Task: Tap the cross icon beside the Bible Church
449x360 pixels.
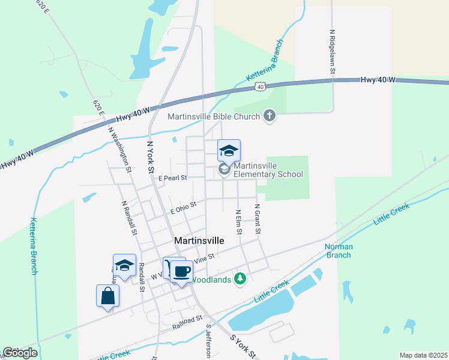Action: coord(270,116)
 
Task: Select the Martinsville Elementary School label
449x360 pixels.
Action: coord(268,170)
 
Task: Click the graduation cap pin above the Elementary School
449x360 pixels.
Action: coord(229,151)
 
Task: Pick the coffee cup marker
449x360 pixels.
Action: coord(181,272)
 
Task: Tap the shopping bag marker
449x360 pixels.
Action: coord(107,296)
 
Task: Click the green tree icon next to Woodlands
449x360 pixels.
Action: coord(241,278)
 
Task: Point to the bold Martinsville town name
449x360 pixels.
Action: coord(199,240)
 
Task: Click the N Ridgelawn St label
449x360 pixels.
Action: coord(332,52)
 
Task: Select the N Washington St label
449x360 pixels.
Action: coord(120,148)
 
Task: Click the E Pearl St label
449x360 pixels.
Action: coord(173,178)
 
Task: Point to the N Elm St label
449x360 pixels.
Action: coord(238,222)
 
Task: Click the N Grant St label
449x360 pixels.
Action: coord(257,219)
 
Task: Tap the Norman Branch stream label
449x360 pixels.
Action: coord(339,251)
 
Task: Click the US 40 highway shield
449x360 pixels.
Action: coord(259,87)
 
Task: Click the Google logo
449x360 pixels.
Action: coord(20,353)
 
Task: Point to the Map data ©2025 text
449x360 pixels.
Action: coord(423,355)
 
